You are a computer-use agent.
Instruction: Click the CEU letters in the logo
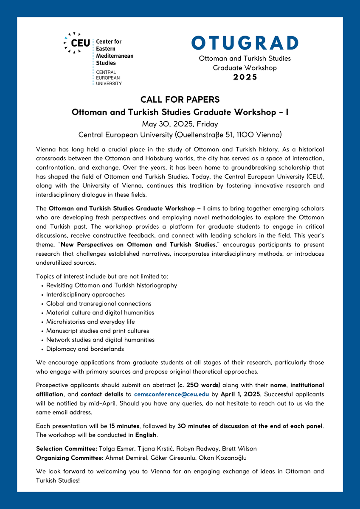click(81, 42)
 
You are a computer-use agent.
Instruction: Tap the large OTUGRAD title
click(245, 43)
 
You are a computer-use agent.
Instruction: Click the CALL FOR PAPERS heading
click(180, 100)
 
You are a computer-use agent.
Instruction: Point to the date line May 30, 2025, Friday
click(180, 124)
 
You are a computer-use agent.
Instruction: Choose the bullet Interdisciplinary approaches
click(85, 294)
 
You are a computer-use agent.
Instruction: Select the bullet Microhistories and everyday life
click(90, 322)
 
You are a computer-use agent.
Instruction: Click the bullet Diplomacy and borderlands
click(85, 349)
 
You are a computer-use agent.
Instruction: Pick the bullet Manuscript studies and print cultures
click(97, 331)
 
